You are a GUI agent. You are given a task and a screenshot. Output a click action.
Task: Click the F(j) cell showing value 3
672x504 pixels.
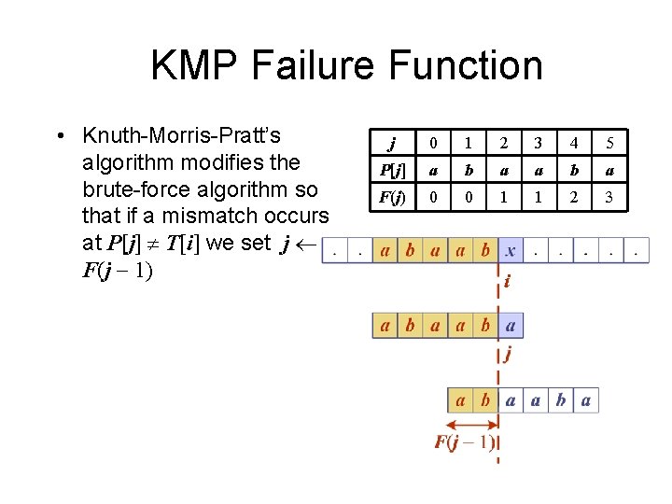click(x=609, y=198)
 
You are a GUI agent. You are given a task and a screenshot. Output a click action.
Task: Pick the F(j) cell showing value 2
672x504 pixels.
click(x=573, y=198)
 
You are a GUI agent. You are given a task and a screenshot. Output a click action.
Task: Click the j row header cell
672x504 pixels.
click(x=393, y=144)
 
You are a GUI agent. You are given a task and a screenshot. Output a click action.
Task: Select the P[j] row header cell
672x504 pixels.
click(x=393, y=171)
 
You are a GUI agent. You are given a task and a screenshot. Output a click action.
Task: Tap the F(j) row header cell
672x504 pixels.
click(x=393, y=198)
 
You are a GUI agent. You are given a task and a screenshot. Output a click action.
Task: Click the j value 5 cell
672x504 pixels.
click(x=609, y=144)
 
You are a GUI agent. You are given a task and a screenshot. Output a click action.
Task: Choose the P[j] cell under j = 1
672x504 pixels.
click(x=468, y=171)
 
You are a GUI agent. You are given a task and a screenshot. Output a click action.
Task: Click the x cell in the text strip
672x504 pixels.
click(x=510, y=250)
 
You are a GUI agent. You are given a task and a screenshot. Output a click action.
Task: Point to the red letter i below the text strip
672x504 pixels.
click(x=507, y=281)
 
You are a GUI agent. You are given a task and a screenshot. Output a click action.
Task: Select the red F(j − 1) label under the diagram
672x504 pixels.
click(x=464, y=442)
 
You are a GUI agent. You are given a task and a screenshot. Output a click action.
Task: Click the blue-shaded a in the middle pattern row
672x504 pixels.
click(x=510, y=325)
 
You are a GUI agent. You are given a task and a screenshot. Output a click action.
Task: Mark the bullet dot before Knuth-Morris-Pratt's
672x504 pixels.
click(x=60, y=136)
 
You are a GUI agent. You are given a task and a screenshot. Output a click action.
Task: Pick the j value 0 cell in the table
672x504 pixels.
click(x=432, y=144)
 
